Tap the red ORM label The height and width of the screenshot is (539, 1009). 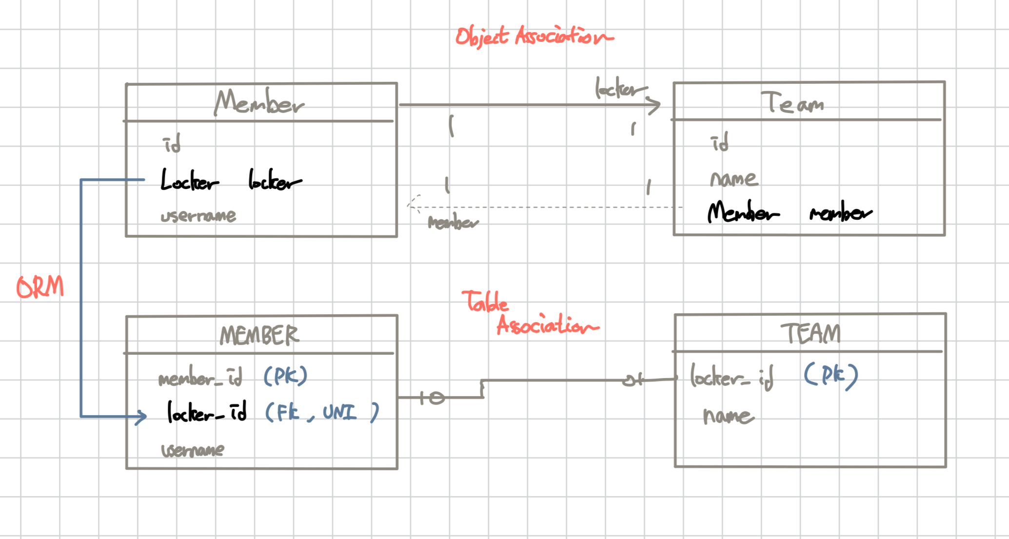[40, 287]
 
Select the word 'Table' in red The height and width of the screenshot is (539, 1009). [485, 301]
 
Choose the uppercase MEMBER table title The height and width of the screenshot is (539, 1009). [259, 335]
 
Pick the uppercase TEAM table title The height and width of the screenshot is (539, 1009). [811, 334]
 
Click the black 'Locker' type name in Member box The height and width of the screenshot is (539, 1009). [189, 180]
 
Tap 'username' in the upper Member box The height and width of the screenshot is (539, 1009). [198, 215]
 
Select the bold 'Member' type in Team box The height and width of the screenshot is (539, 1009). [743, 212]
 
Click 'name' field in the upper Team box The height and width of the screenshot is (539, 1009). [733, 178]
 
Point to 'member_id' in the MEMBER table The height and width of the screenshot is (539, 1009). [200, 377]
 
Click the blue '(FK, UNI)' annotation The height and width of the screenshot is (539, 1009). [322, 412]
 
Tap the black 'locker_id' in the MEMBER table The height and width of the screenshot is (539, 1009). [207, 412]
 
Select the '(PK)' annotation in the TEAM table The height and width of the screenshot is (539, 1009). [831, 375]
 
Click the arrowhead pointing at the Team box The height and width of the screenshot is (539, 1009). [654, 105]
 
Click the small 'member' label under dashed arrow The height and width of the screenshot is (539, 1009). [453, 223]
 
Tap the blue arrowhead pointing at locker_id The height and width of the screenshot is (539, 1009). [141, 417]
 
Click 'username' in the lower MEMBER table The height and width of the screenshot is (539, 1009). [193, 449]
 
